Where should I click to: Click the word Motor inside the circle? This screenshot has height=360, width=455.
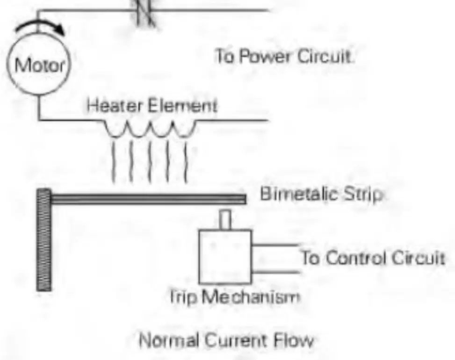pyautogui.click(x=39, y=65)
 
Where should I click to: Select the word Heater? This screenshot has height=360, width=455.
pyautogui.click(x=115, y=105)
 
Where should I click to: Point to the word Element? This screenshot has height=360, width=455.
pyautogui.click(x=182, y=105)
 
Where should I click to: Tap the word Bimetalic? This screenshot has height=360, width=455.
pyautogui.click(x=299, y=194)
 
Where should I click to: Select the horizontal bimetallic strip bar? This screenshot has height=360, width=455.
pyautogui.click(x=148, y=199)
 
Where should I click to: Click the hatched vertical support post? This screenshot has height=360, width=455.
pyautogui.click(x=44, y=240)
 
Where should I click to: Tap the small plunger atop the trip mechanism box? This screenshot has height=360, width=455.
pyautogui.click(x=225, y=220)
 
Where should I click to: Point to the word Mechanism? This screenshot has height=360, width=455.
pyautogui.click(x=251, y=297)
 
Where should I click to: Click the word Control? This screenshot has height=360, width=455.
pyautogui.click(x=356, y=258)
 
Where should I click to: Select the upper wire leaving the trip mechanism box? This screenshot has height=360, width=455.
pyautogui.click(x=275, y=245)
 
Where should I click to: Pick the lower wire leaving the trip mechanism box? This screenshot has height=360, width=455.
pyautogui.click(x=276, y=272)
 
